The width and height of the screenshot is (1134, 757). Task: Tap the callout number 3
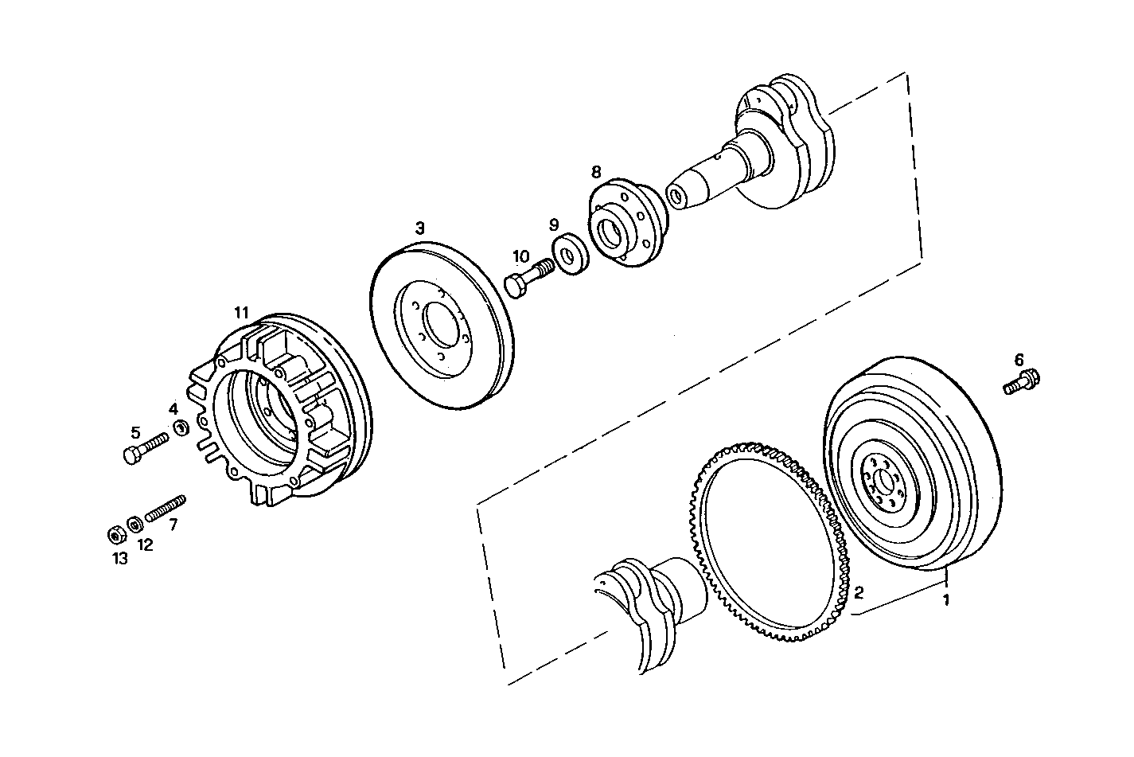(419, 228)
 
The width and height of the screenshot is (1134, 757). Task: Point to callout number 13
(119, 559)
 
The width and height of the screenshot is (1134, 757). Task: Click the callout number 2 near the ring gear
(858, 592)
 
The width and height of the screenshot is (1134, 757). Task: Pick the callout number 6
(1019, 359)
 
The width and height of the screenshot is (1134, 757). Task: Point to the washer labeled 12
(135, 524)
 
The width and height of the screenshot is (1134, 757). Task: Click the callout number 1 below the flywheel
(946, 599)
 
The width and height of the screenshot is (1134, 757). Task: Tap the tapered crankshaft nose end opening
(676, 196)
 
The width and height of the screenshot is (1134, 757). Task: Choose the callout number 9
(554, 225)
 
